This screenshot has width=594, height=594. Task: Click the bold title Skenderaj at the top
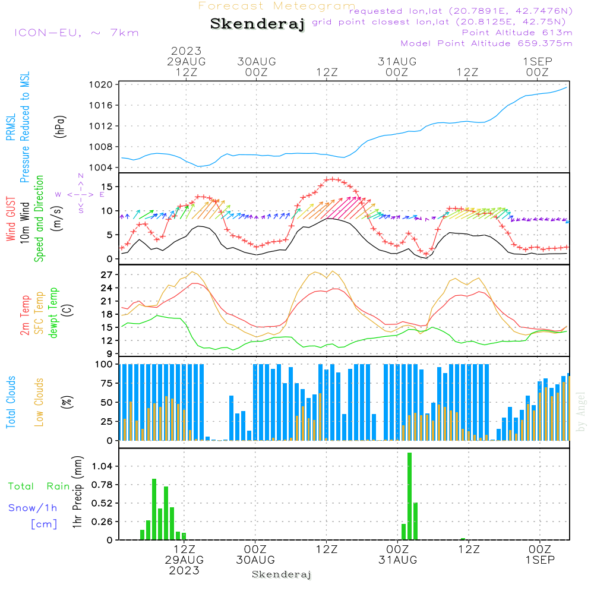257,24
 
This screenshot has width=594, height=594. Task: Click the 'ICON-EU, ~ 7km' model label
75,33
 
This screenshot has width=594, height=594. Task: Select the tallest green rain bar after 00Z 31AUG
409,496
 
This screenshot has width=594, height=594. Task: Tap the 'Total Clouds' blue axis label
11,402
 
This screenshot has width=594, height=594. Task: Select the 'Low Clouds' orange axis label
39,402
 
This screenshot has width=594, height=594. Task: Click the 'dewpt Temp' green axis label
53,313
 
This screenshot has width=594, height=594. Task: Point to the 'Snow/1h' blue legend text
33,508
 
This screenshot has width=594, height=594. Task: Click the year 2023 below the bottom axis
184,570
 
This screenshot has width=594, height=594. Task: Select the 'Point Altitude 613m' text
517,33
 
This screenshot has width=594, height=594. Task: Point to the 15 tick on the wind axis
108,187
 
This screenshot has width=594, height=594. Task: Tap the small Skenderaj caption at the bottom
282,574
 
